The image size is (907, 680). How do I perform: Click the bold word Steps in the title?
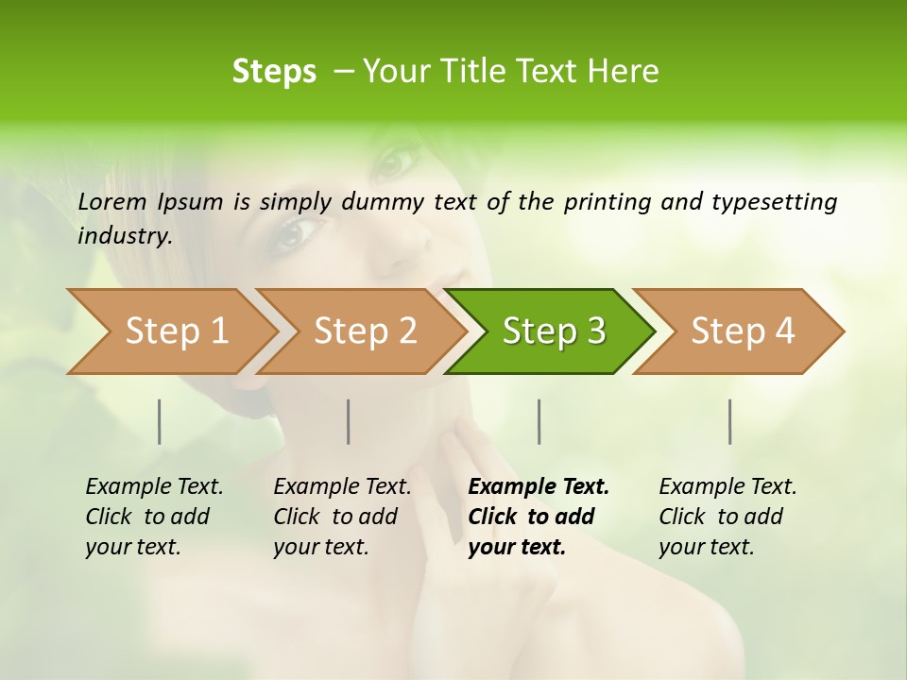274,71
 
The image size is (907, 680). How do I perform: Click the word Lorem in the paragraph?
112,201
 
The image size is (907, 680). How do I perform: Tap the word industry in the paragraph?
125,236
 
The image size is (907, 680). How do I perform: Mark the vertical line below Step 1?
160,421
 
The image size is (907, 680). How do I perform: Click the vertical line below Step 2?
349,421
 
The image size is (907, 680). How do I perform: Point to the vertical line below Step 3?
539,421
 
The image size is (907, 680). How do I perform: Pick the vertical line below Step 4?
729,421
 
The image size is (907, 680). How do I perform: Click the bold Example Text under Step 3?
539,487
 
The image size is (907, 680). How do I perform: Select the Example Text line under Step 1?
154,487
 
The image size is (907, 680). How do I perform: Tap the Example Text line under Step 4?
727,487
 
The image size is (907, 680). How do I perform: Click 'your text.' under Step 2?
320,547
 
